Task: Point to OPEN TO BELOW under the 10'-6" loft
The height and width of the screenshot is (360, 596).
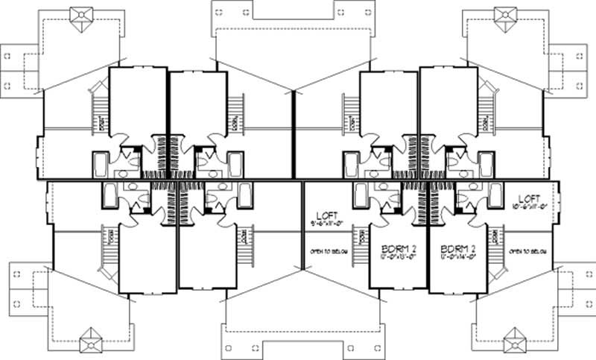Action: (x=526, y=252)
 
